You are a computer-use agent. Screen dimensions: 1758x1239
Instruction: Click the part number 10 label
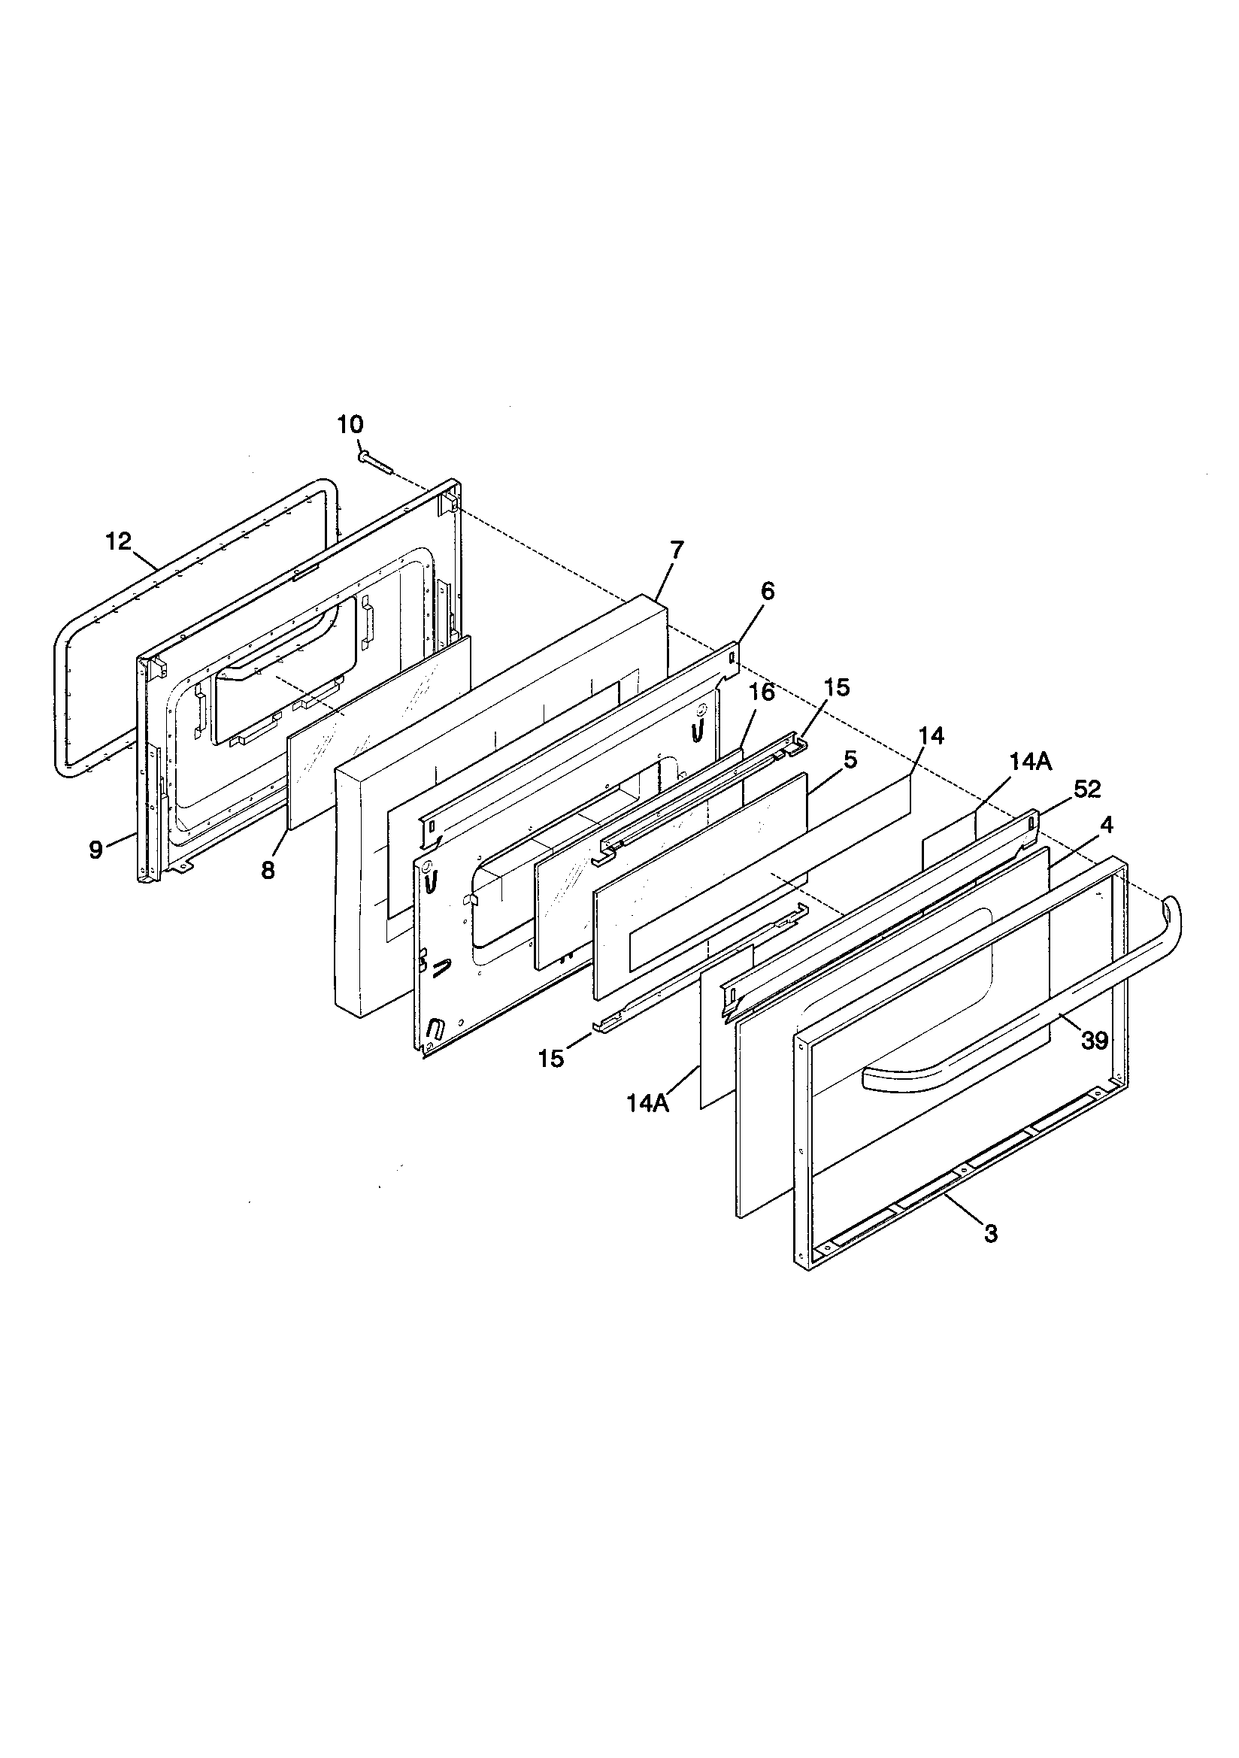[350, 425]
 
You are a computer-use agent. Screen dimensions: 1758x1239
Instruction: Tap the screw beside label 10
[374, 461]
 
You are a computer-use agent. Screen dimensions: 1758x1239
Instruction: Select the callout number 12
[119, 542]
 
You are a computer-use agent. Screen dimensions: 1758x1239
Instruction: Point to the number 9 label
[95, 849]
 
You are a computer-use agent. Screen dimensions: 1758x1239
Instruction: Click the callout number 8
[267, 871]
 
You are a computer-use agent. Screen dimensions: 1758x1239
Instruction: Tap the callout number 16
[762, 693]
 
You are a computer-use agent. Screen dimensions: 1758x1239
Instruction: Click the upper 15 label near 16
[838, 687]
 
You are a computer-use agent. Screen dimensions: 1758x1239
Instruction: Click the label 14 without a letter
[932, 736]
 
